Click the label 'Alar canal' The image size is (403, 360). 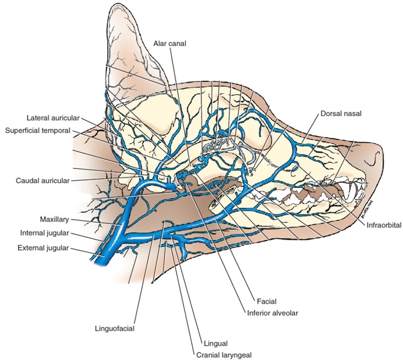pyautogui.click(x=170, y=44)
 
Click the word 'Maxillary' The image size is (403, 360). pyautogui.click(x=54, y=220)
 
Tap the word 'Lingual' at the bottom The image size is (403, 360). pyautogui.click(x=215, y=344)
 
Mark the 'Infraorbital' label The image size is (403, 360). pyautogui.click(x=383, y=224)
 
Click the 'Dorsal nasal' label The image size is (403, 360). pyautogui.click(x=341, y=114)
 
